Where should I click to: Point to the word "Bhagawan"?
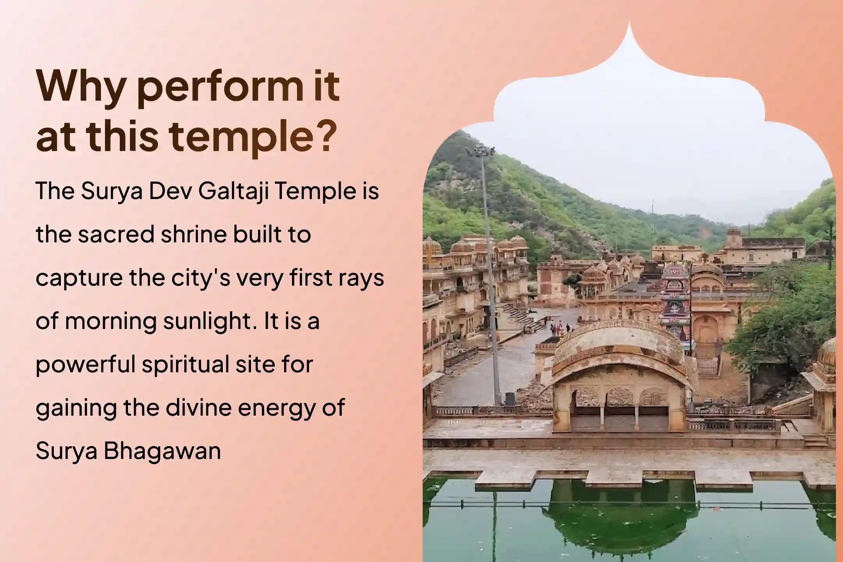click(162, 451)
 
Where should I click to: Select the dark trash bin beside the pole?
click(510, 398)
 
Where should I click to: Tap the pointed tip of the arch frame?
click(629, 21)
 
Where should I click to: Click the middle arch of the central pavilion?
click(619, 408)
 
